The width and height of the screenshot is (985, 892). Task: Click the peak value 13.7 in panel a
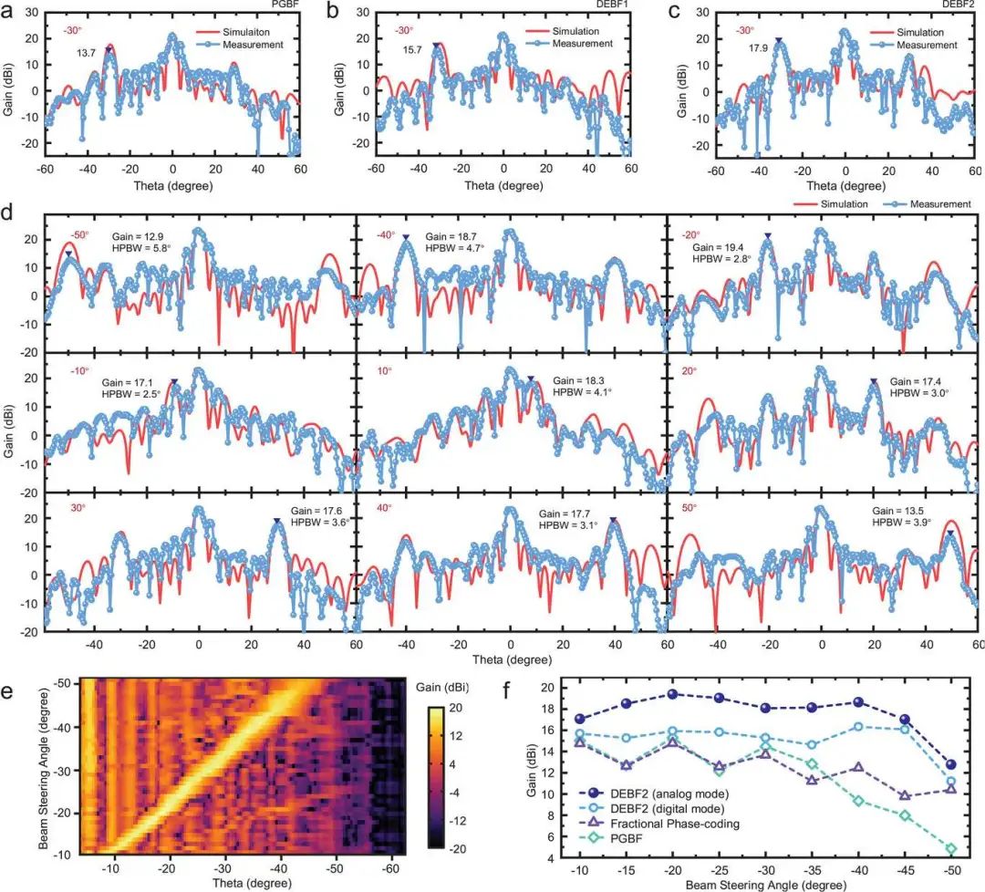(86, 54)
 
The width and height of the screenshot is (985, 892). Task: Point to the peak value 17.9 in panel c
(758, 48)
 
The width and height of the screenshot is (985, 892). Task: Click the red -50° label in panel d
(79, 235)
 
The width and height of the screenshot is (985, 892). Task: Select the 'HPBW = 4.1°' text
(582, 392)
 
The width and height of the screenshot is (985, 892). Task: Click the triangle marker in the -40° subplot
(406, 237)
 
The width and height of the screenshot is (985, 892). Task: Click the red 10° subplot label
(385, 370)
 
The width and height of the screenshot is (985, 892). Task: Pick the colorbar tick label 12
(455, 736)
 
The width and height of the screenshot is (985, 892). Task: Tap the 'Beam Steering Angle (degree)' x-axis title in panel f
(766, 885)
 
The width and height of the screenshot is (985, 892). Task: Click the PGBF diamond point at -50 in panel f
(951, 848)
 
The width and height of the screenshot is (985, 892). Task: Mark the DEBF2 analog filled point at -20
(672, 694)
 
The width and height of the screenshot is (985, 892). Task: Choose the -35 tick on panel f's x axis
(812, 870)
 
